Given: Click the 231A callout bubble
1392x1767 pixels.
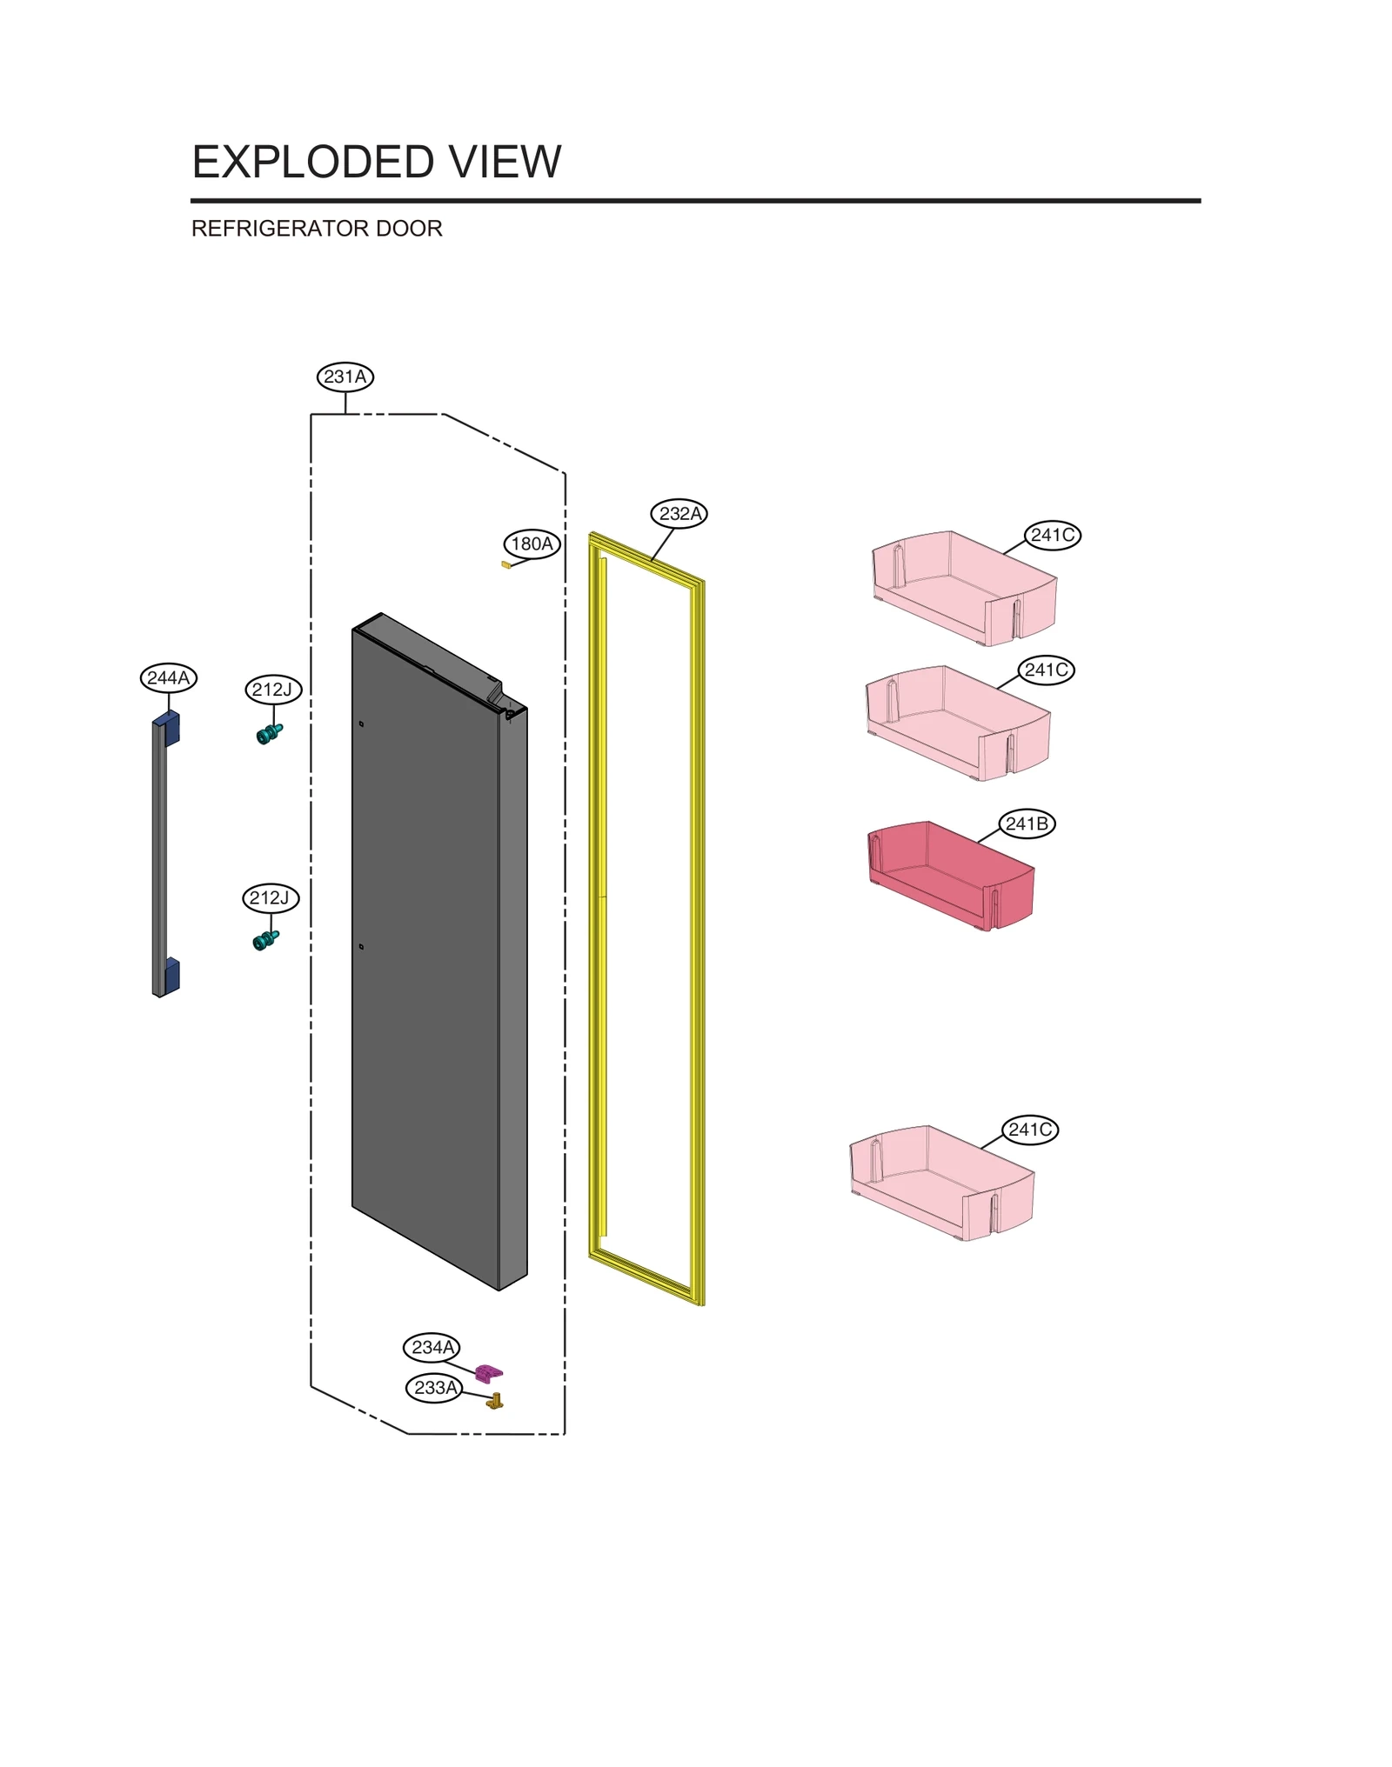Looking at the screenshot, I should tap(345, 377).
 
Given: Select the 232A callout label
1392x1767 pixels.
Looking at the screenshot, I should tap(679, 513).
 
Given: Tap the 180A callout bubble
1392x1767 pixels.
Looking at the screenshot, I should tap(532, 543).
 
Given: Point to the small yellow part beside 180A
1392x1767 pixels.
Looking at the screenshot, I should tap(505, 564).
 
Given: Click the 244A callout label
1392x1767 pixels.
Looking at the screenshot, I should tap(169, 677).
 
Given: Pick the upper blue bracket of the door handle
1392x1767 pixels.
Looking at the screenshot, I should tap(170, 727).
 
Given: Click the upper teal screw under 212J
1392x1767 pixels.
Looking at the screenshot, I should tap(269, 734).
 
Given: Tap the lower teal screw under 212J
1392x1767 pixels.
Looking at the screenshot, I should tap(265, 940).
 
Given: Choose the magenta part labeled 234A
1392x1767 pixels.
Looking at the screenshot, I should tap(488, 1373).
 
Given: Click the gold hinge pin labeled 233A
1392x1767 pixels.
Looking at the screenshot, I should tap(495, 1400).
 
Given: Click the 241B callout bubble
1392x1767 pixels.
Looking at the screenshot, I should tap(1027, 823).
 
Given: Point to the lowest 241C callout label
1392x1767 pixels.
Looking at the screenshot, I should tap(1030, 1129).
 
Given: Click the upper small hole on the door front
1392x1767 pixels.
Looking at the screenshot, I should tap(361, 723).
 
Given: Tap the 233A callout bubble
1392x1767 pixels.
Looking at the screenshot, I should tap(434, 1387).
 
